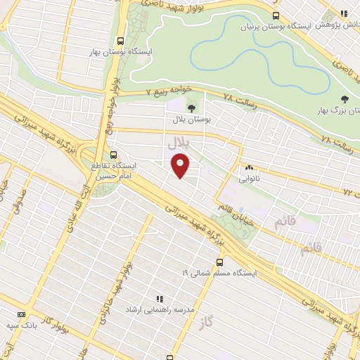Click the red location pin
(181, 166)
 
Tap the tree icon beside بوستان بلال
(191, 108)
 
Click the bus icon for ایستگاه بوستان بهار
(120, 41)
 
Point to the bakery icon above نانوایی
(249, 168)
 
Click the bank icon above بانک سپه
(21, 314)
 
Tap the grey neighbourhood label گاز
(225, 321)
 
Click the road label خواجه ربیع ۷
(164, 92)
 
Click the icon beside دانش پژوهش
(344, 13)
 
